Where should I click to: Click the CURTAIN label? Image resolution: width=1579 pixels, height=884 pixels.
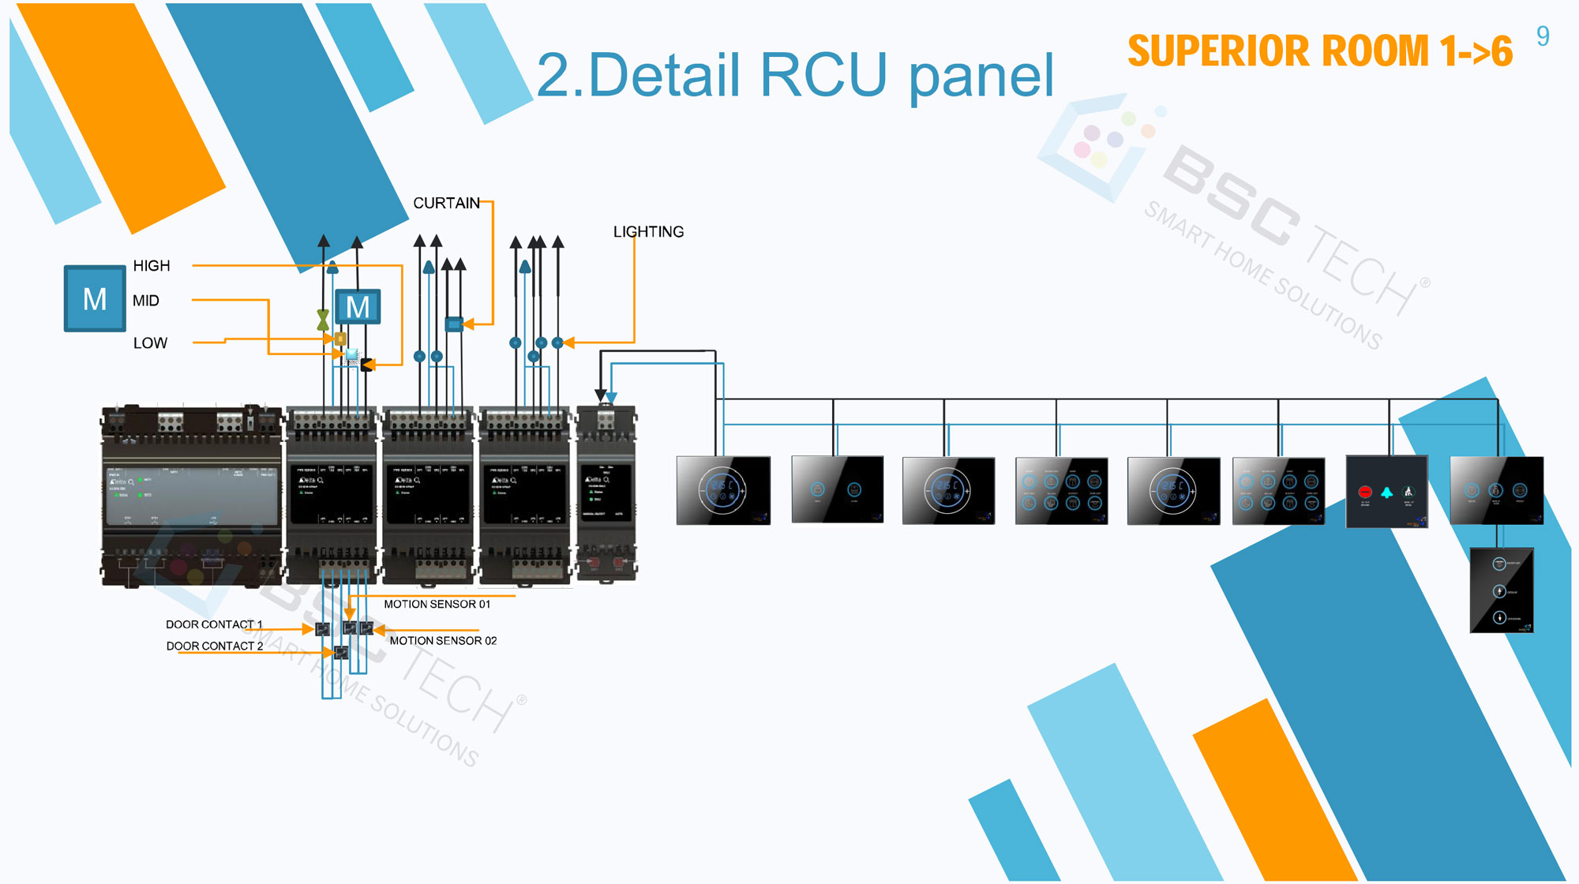[446, 204]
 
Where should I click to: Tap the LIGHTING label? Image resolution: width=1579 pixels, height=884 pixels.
[648, 232]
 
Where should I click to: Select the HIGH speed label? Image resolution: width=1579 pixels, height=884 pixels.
[151, 266]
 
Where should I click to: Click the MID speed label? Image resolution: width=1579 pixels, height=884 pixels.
[145, 301]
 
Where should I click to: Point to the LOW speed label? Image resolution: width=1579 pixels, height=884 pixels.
[150, 343]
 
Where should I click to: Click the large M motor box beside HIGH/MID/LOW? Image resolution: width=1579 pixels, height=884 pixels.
[95, 298]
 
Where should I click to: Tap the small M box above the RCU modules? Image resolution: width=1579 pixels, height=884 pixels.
[358, 307]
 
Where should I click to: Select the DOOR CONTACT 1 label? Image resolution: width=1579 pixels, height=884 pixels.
[213, 624]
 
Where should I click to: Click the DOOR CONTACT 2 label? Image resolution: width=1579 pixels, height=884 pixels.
[214, 646]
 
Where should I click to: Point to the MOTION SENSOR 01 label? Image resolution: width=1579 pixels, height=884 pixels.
[437, 605]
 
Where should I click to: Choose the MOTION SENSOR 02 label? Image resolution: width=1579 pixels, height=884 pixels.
[443, 641]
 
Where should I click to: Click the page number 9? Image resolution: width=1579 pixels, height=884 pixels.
[1543, 36]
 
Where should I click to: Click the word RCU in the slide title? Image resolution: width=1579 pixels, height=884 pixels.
[823, 76]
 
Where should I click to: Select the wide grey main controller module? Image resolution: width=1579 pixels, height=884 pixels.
[192, 497]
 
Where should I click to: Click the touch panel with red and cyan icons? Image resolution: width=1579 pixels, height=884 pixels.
[1386, 492]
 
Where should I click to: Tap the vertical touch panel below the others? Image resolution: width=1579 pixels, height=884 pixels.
[1501, 590]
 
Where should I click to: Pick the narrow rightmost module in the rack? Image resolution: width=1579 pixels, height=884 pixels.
[606, 493]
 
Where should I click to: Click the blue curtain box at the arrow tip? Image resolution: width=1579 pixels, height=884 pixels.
[454, 324]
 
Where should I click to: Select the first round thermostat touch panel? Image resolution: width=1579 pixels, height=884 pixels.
[723, 490]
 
